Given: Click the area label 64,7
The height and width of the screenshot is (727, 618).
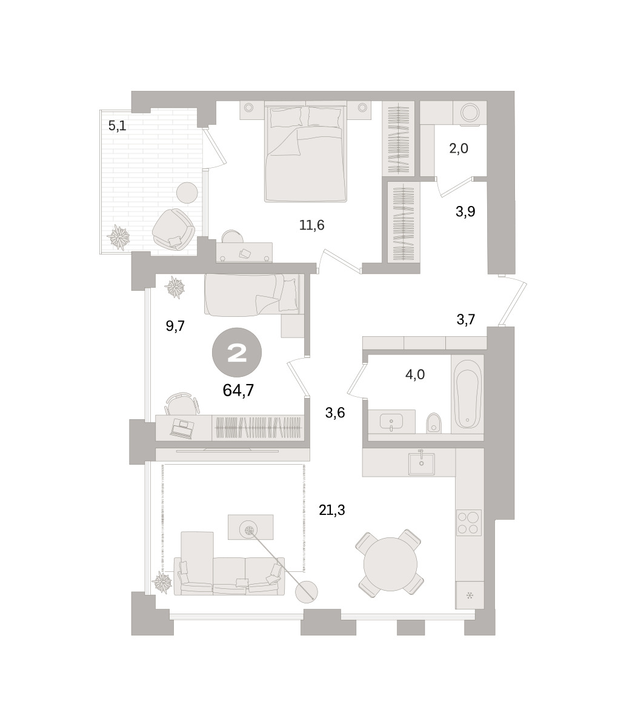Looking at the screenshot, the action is click(238, 390).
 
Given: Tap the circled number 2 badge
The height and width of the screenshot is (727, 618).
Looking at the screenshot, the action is click(237, 353).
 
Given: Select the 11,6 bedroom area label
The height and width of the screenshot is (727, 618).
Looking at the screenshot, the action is click(311, 225).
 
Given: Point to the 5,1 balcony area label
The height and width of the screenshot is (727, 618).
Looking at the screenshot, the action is click(117, 125).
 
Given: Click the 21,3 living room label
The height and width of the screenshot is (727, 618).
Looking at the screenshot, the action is click(331, 510).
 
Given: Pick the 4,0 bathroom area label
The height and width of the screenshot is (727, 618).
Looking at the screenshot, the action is click(415, 374).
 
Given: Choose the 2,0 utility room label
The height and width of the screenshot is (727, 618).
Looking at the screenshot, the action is click(459, 149).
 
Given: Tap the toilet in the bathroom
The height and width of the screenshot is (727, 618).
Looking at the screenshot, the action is click(433, 423).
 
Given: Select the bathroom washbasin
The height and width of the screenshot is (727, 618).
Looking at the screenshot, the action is click(391, 422).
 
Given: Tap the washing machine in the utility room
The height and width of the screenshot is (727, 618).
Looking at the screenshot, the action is click(470, 113).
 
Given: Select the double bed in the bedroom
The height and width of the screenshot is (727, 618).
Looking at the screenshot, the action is click(305, 151).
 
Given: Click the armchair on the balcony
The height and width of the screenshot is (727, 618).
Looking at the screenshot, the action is click(173, 230).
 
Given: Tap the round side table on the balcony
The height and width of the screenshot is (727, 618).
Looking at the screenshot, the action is click(187, 193).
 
